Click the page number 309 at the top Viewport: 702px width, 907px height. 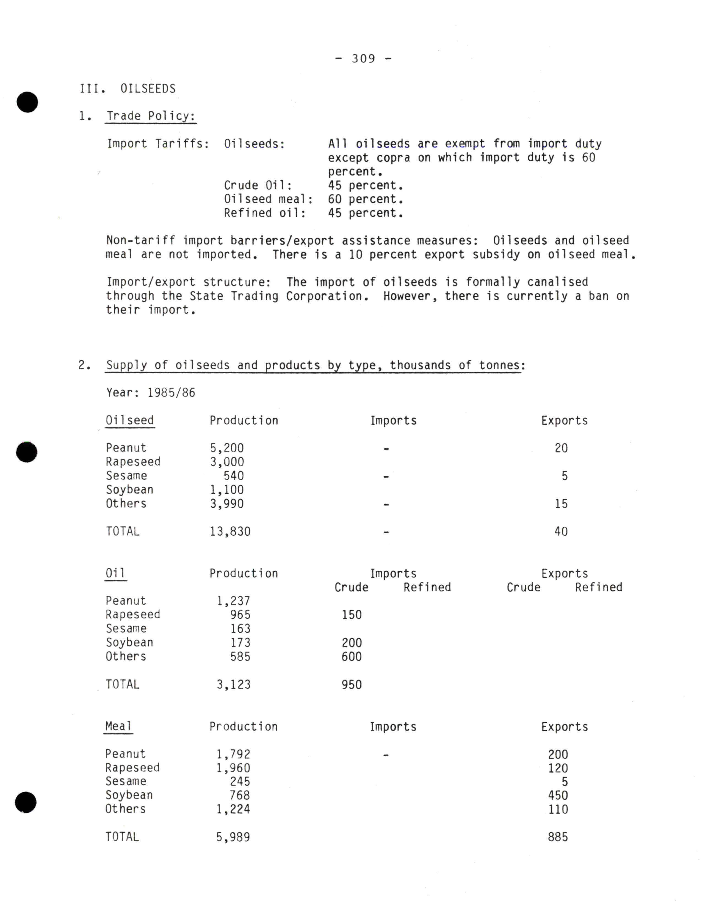tap(363, 59)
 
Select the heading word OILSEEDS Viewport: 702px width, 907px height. tap(148, 89)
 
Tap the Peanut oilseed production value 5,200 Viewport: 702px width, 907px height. tap(227, 448)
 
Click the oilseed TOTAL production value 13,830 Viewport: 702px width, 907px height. tap(230, 531)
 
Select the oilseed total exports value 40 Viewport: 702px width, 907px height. tap(561, 531)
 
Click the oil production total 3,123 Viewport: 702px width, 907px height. tap(233, 684)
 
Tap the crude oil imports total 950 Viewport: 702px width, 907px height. tap(352, 684)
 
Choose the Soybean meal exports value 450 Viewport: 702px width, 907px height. tap(558, 795)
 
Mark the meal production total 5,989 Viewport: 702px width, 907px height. tap(233, 837)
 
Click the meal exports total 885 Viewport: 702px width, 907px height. tap(558, 837)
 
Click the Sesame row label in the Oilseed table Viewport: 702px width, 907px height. tap(126, 476)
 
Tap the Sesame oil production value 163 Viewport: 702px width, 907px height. tap(240, 629)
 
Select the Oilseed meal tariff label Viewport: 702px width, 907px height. tap(268, 199)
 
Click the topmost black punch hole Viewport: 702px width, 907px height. tap(28, 102)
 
